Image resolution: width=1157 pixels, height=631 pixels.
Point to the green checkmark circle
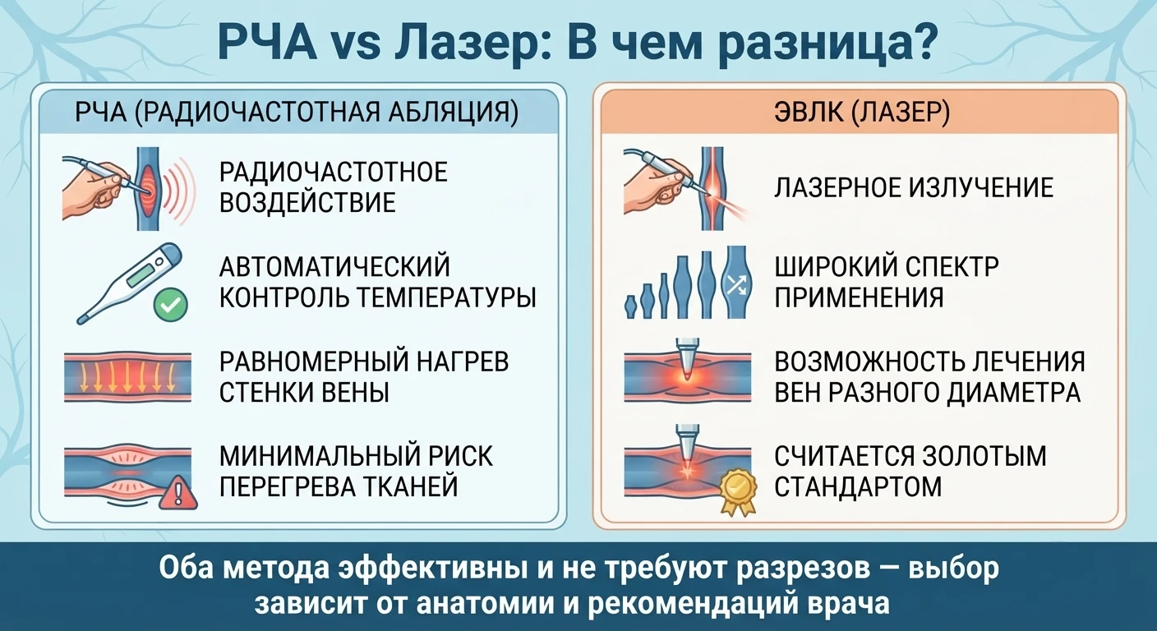(x=171, y=305)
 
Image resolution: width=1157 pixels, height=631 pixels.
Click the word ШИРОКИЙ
(x=832, y=266)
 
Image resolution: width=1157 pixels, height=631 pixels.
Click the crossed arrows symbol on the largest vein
(x=735, y=283)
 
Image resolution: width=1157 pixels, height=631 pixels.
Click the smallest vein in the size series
(x=630, y=306)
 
